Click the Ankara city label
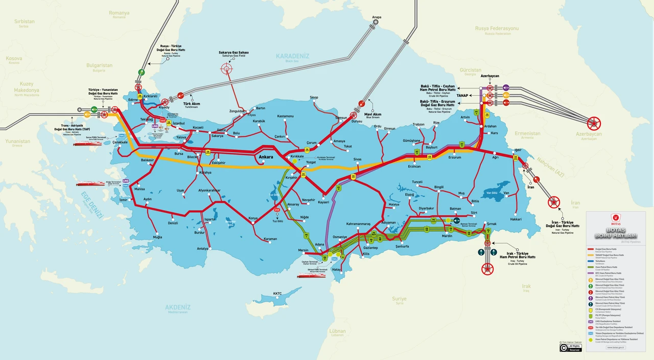(266, 157)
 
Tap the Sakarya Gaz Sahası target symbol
(226, 68)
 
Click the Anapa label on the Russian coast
(377, 17)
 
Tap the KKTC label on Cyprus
(277, 294)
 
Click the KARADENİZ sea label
(292, 56)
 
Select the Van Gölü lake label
(492, 193)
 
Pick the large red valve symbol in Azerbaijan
(594, 123)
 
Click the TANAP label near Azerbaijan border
(463, 95)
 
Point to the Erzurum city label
(454, 157)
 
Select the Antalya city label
(202, 249)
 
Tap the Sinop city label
(314, 98)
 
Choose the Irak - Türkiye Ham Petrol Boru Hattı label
(517, 255)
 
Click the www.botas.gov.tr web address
(616, 347)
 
